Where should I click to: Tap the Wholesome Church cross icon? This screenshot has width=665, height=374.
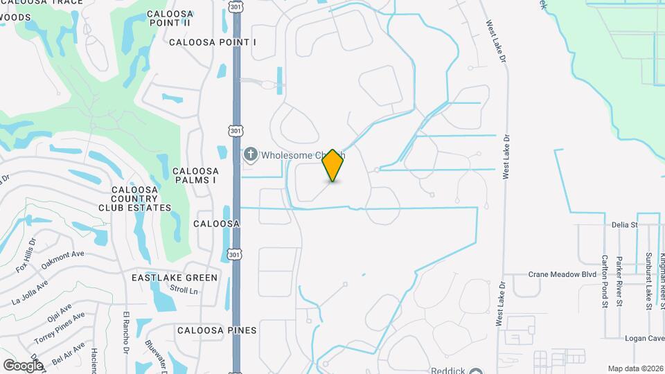pos(251,154)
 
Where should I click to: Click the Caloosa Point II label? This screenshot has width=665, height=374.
pos(169,17)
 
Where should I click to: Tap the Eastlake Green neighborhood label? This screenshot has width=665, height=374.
pos(175,278)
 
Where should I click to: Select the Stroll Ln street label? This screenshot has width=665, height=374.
pos(184,291)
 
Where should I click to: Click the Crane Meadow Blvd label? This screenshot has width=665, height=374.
pos(562,274)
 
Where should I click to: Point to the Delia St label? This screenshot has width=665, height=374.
pos(624,225)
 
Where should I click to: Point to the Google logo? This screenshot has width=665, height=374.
pos(23,365)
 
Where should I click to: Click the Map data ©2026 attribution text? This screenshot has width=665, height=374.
pos(635,368)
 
